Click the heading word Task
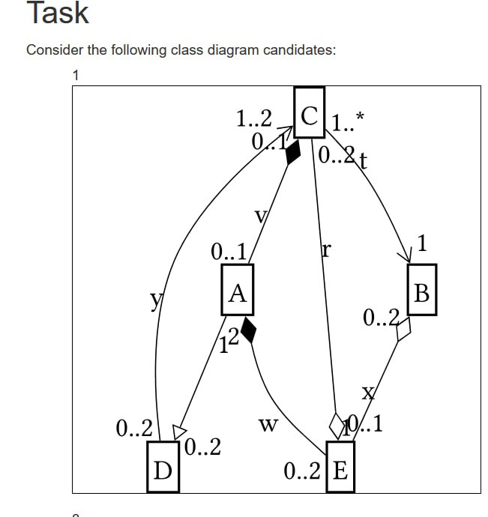tap(58, 13)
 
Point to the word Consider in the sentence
tap(53, 50)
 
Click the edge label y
tap(155, 300)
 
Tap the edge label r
tap(325, 250)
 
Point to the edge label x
tap(367, 393)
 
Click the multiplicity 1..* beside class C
tap(347, 121)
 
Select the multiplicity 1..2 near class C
tap(253, 119)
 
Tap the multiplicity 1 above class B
tap(424, 243)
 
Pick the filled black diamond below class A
tap(249, 330)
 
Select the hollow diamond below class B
tap(404, 329)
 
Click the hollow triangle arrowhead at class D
tap(178, 432)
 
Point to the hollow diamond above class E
tap(336, 425)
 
